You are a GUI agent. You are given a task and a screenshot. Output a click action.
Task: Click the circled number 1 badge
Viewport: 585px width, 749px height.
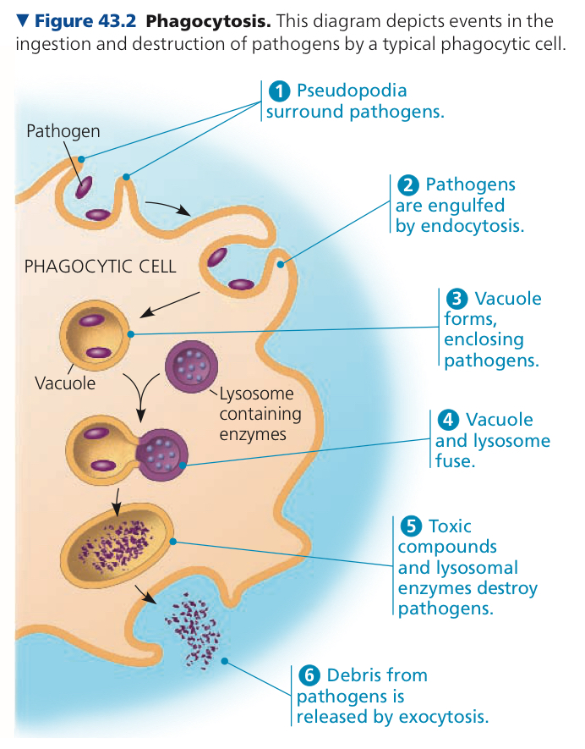[x=279, y=91]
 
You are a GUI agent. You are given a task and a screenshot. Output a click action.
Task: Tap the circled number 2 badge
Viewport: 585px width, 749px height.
[x=408, y=184]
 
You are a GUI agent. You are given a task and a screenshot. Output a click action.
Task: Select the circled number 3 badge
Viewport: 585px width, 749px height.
[x=457, y=299]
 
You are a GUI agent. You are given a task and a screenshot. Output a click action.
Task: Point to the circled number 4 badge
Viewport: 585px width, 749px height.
[x=448, y=420]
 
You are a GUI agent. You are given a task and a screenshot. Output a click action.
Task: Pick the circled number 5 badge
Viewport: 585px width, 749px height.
[x=411, y=526]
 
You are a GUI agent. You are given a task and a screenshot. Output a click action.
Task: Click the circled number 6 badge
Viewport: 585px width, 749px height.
[x=309, y=675]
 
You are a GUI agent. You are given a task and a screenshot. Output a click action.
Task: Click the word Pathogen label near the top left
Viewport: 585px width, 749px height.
[x=63, y=131]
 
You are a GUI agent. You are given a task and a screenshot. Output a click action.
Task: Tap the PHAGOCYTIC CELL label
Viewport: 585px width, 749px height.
[x=101, y=267]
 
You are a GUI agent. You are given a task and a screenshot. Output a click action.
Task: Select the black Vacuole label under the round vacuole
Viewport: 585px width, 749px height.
[x=65, y=383]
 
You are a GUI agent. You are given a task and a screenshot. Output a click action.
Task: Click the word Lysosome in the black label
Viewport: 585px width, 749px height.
[x=257, y=394]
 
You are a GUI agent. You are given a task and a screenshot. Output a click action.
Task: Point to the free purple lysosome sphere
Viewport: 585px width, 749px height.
[x=191, y=366]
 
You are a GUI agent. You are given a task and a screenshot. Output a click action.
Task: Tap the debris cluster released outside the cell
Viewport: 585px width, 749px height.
[x=193, y=630]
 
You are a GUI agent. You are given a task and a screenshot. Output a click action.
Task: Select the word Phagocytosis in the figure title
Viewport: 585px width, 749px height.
[x=208, y=21]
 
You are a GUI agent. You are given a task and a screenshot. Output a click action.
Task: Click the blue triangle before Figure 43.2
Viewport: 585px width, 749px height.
[x=23, y=20]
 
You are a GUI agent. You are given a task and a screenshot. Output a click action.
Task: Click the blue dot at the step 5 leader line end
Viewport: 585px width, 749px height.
[x=172, y=542]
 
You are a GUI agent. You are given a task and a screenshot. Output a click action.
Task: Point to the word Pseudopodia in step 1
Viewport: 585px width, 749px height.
[x=352, y=91]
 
